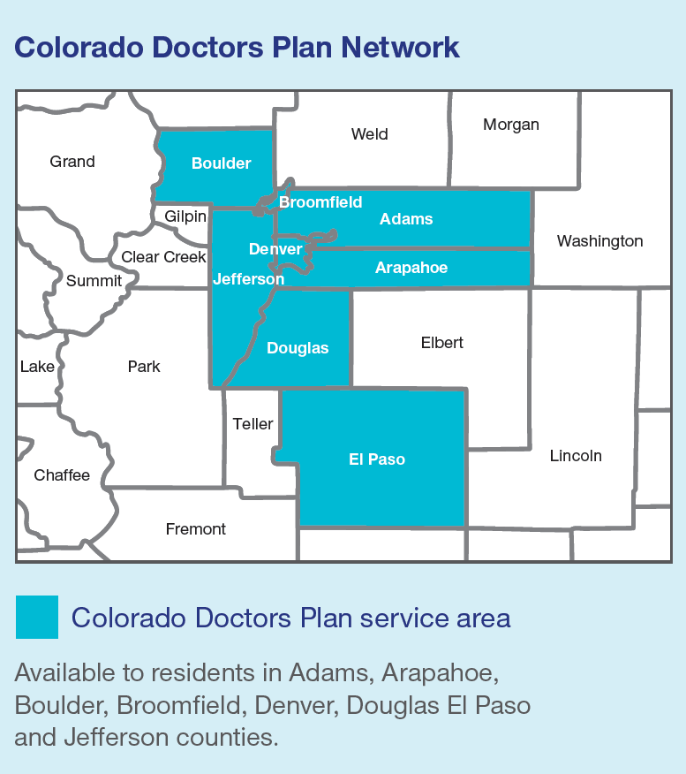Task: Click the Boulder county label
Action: pos(221,163)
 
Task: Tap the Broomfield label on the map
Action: pos(320,202)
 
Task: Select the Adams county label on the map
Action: pos(406,219)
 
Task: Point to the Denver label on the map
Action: pos(275,249)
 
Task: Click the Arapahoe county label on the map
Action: pos(411,268)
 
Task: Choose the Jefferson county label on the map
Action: pos(248,278)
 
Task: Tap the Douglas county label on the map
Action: pos(298,348)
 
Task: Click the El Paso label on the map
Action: pos(377,459)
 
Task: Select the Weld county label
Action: pos(369,134)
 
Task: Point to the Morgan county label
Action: pos(510,125)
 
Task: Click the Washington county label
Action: pos(599,241)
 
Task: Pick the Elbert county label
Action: pos(441,343)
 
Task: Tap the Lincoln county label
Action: pos(576,456)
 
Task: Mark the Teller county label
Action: pos(253,424)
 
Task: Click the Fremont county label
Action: pos(196,529)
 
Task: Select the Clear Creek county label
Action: pos(163,257)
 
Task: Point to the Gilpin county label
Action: pos(185,216)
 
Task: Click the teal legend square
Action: pos(37,617)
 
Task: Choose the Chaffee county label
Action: pos(62,475)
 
